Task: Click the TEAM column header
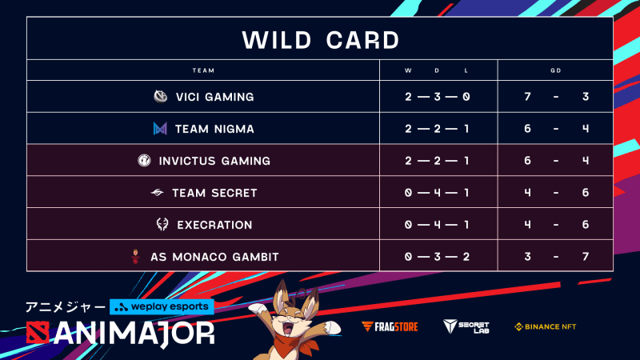coord(203,70)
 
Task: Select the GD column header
coord(555,70)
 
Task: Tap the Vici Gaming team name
coord(214,97)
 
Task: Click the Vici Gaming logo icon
coord(161,97)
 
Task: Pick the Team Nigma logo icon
coord(161,129)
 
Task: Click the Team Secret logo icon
coord(158,193)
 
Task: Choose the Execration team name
coord(214,225)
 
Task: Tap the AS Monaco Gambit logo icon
coord(135,257)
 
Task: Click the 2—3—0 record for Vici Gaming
coord(437,97)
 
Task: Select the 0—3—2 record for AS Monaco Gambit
coord(437,257)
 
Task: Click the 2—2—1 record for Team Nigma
coord(437,129)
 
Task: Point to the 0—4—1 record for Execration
coord(437,225)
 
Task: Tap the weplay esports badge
coord(162,306)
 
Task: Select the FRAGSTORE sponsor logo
coord(385,326)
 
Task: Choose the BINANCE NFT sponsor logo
coord(546,326)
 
